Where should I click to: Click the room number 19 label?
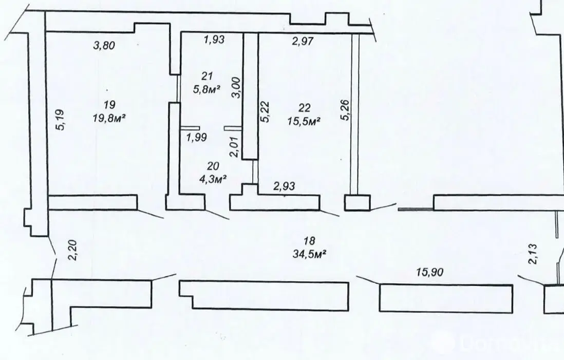pyautogui.click(x=109, y=105)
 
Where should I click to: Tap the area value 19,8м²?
pyautogui.click(x=109, y=118)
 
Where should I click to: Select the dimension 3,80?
pyautogui.click(x=104, y=45)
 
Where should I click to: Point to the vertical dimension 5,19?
pyautogui.click(x=60, y=120)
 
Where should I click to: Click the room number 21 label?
pyautogui.click(x=207, y=76)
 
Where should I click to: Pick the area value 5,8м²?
pyautogui.click(x=206, y=89)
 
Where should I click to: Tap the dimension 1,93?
pyautogui.click(x=214, y=39)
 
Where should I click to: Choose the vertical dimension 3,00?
pyautogui.click(x=236, y=87)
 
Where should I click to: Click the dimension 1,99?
pyautogui.click(x=196, y=137)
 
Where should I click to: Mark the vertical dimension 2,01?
pyautogui.click(x=235, y=146)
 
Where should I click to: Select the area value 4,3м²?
pyautogui.click(x=214, y=179)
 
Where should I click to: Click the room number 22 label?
pyautogui.click(x=304, y=107)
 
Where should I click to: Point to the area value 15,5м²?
pyautogui.click(x=304, y=121)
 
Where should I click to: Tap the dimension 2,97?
pyautogui.click(x=303, y=41)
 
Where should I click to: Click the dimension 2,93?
pyautogui.click(x=284, y=186)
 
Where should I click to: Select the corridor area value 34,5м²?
pyautogui.click(x=310, y=254)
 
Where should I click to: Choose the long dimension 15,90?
pyautogui.click(x=430, y=272)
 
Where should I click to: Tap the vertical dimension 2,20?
pyautogui.click(x=72, y=250)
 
